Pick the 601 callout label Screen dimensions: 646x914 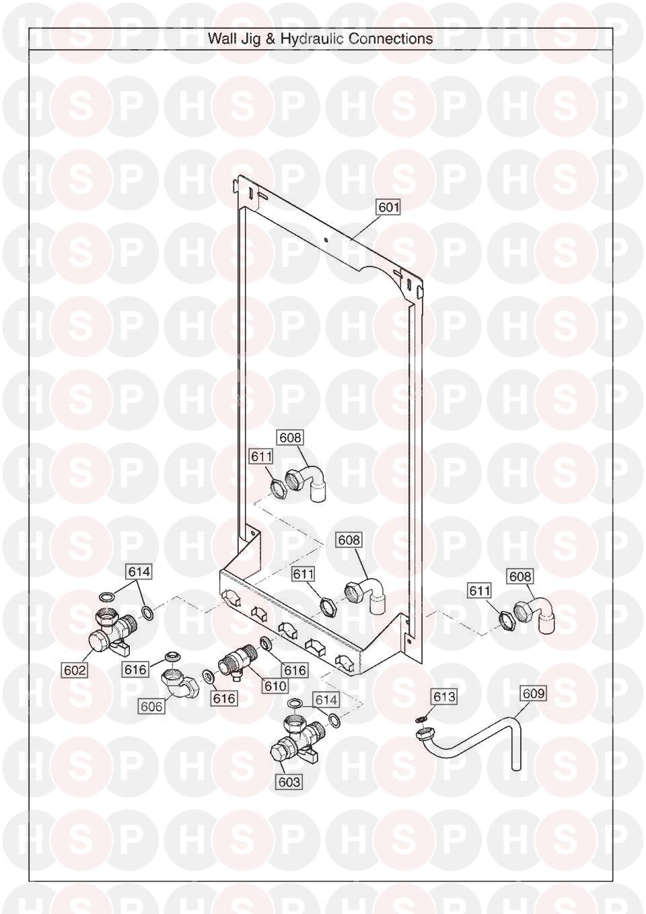(x=388, y=207)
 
